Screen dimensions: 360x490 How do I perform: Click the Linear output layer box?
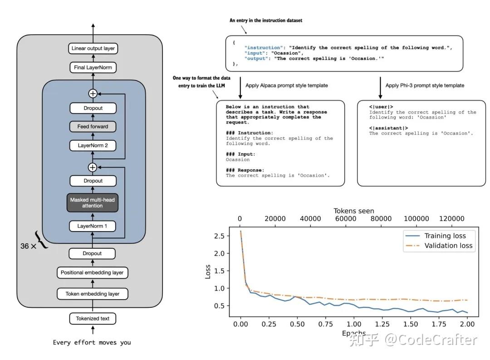(93, 48)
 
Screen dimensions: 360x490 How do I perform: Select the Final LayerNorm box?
(93, 68)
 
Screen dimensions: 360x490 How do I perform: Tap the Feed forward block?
(93, 127)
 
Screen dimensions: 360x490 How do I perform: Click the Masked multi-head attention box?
(93, 202)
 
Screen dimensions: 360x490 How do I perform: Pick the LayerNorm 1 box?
(93, 226)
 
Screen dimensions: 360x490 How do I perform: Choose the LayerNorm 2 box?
(93, 146)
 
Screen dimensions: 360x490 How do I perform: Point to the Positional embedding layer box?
(93, 273)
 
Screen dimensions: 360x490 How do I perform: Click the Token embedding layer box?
(93, 294)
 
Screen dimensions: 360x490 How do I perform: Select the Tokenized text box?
(93, 318)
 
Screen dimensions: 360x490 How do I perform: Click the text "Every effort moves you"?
(92, 342)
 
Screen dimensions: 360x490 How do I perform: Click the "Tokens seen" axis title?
(354, 211)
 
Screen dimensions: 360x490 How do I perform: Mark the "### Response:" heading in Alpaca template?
(245, 170)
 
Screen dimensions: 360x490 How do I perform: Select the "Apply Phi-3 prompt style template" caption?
(425, 85)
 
